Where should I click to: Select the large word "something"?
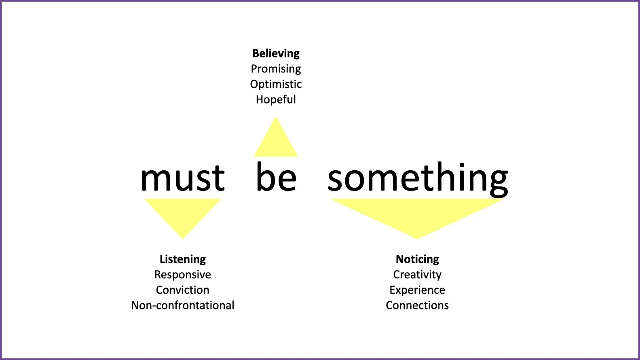(418, 178)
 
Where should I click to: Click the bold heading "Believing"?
(276, 53)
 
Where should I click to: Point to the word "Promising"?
(276, 69)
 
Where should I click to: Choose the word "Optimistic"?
(276, 84)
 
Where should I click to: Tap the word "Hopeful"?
(276, 100)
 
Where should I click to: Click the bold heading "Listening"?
(183, 259)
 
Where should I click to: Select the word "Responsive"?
(183, 275)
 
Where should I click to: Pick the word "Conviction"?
(183, 290)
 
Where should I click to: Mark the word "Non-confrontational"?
(183, 305)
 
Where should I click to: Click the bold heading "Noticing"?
(417, 259)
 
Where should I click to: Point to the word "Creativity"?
(417, 275)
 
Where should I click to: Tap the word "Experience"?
(417, 290)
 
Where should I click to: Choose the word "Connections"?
(417, 305)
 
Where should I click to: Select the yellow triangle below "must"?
(182, 212)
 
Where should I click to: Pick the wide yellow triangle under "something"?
(417, 212)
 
